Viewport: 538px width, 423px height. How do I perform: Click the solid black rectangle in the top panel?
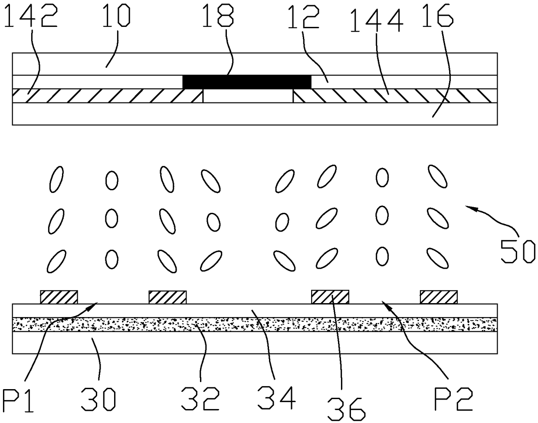[247, 82]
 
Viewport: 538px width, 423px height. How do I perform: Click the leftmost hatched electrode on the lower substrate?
[59, 297]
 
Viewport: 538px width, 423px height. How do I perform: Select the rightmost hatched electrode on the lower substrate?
[438, 297]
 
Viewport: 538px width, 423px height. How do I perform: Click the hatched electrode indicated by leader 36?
[330, 297]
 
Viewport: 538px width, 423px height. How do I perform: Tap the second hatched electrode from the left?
[167, 297]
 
